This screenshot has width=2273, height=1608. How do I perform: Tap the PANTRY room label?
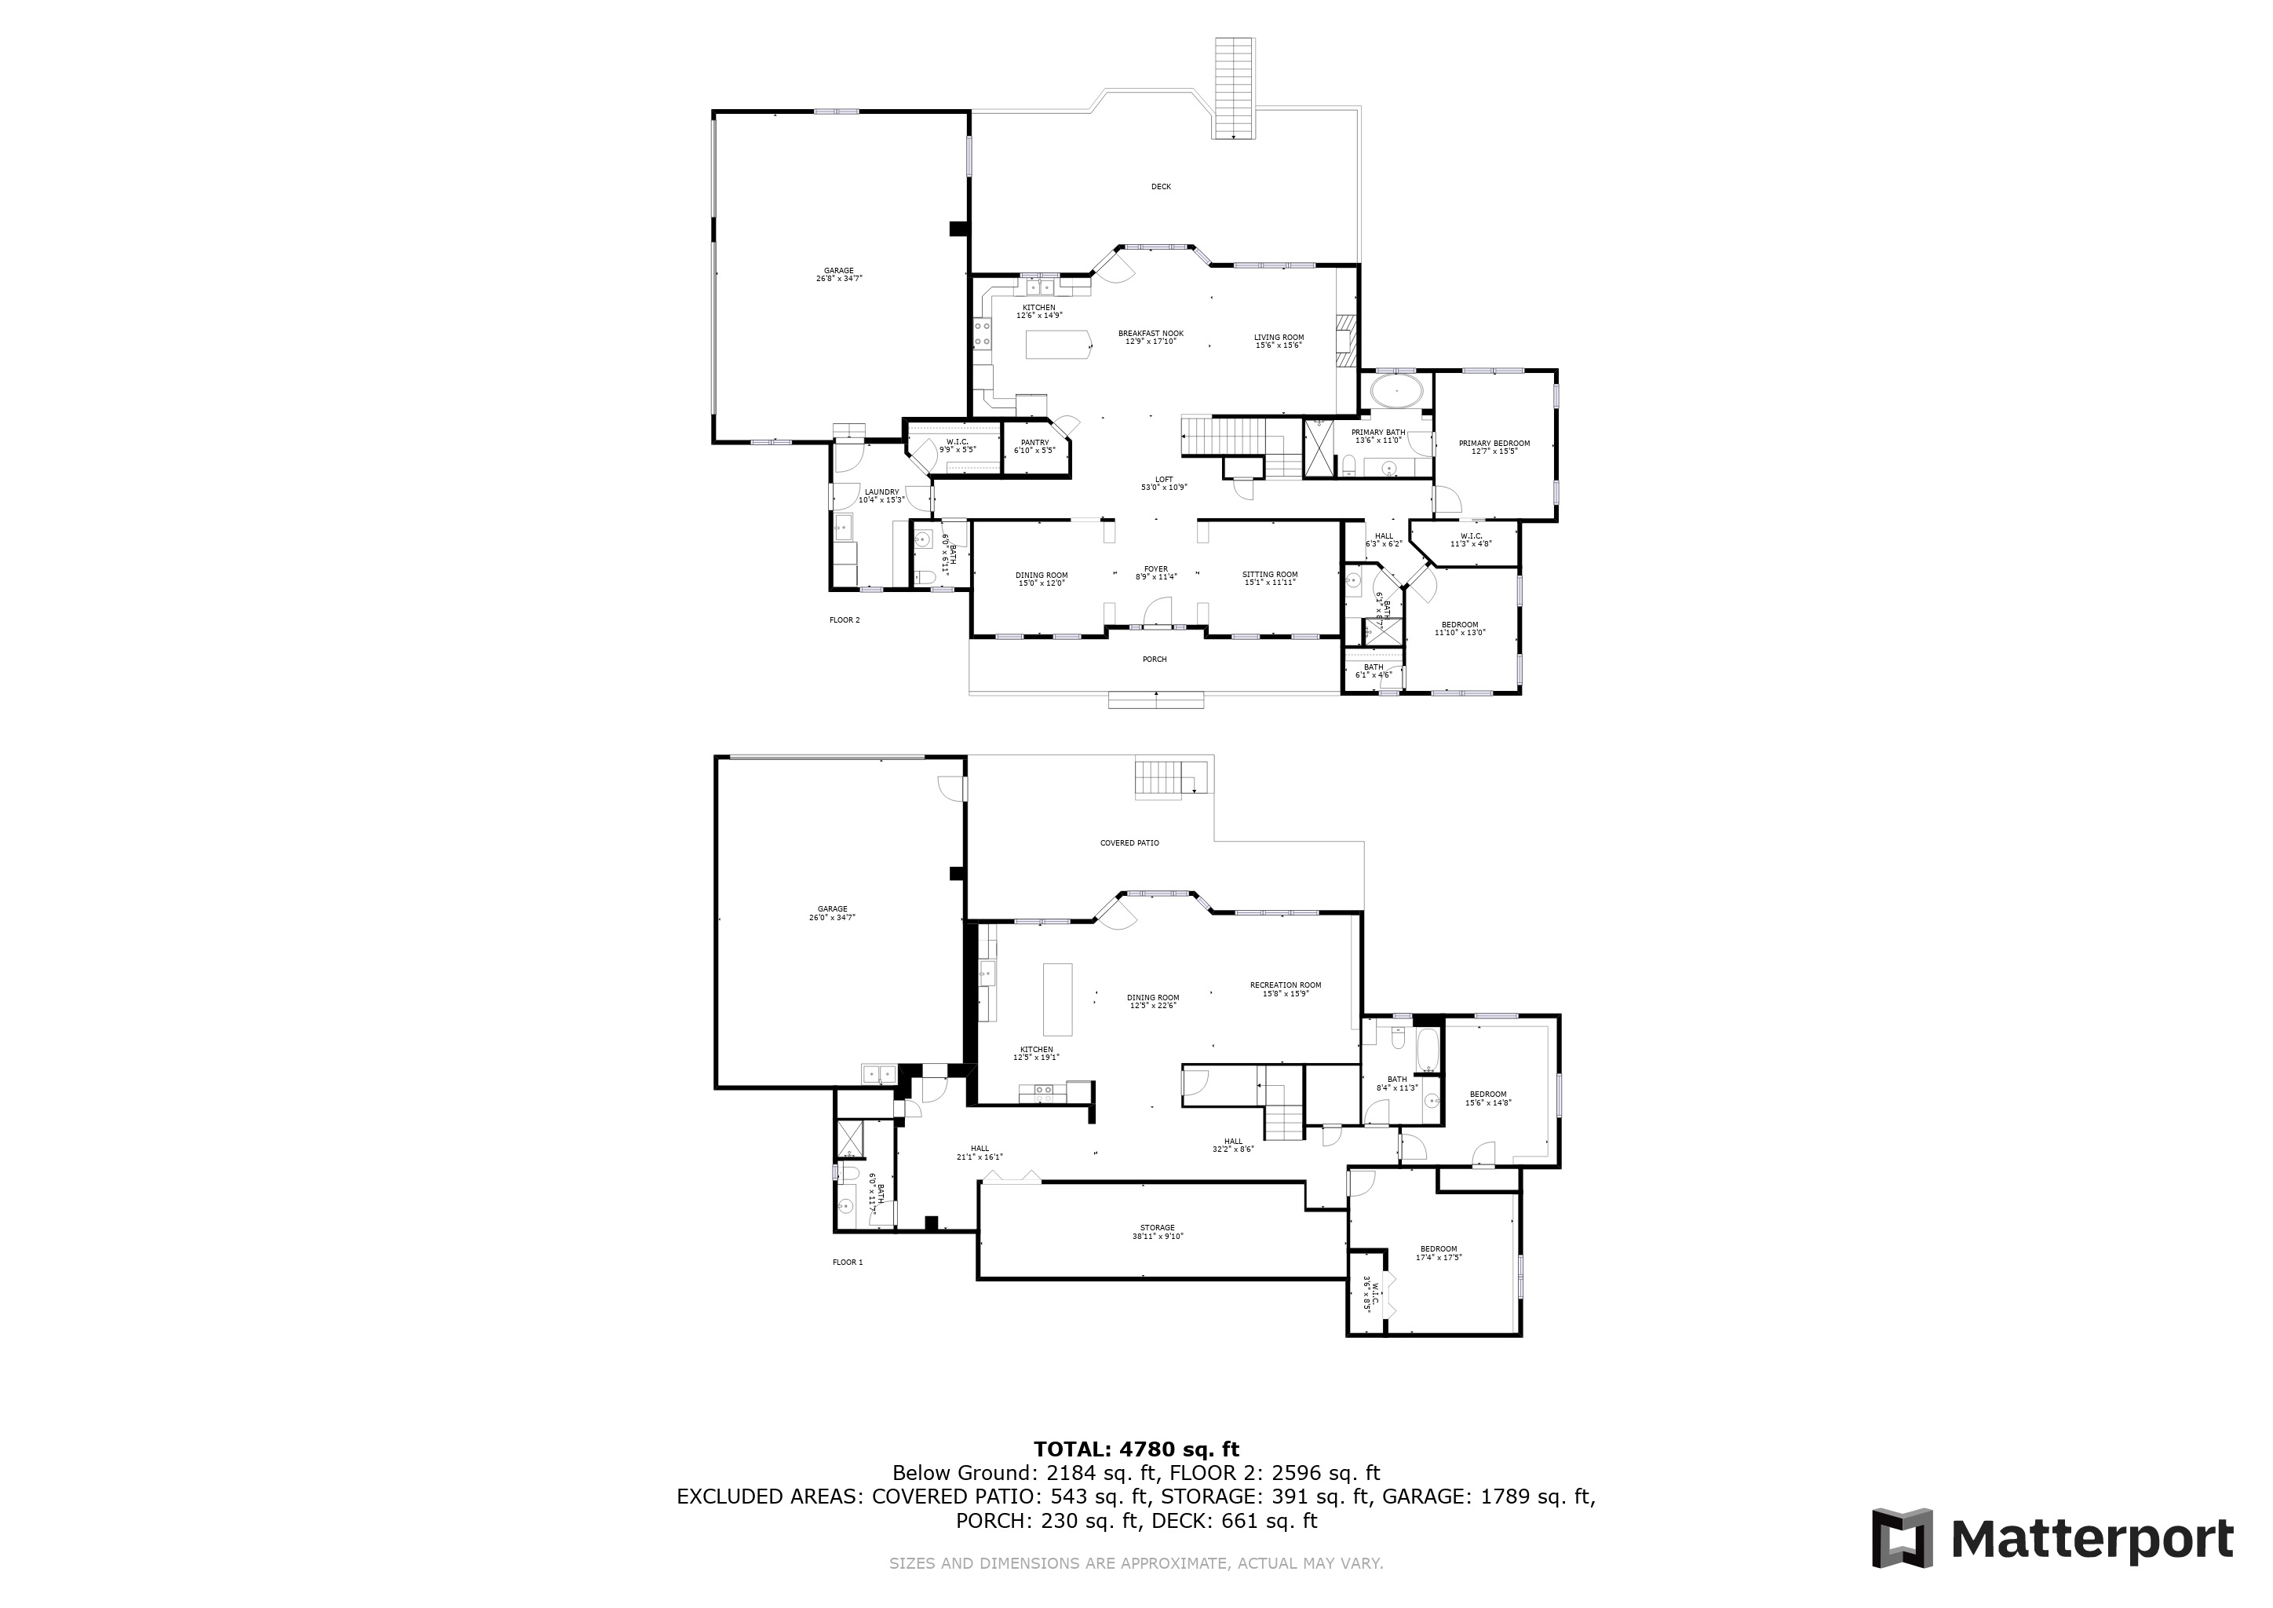[x=1034, y=443]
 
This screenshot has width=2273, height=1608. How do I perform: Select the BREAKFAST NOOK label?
[x=1151, y=334]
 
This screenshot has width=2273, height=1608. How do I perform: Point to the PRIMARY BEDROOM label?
[x=1494, y=444]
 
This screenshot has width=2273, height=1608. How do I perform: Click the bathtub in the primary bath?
[x=1397, y=391]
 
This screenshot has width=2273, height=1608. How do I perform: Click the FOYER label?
[x=1155, y=569]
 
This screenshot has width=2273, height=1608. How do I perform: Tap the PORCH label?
[x=1155, y=660]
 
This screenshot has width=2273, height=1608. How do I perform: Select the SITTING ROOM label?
[x=1269, y=574]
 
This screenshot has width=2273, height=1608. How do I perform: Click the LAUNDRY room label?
[x=881, y=492]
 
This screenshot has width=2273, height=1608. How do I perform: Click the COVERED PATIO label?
[x=1129, y=843]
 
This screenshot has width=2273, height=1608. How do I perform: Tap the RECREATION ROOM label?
[x=1285, y=985]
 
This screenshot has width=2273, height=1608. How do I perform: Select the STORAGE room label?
[x=1156, y=1228]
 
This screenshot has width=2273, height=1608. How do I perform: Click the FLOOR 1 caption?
[x=848, y=1263]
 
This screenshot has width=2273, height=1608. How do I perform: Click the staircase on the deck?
[x=1235, y=88]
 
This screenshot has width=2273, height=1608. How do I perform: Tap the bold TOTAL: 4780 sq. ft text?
[x=1136, y=1450]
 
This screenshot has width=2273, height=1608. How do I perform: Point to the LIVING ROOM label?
[x=1278, y=338]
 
